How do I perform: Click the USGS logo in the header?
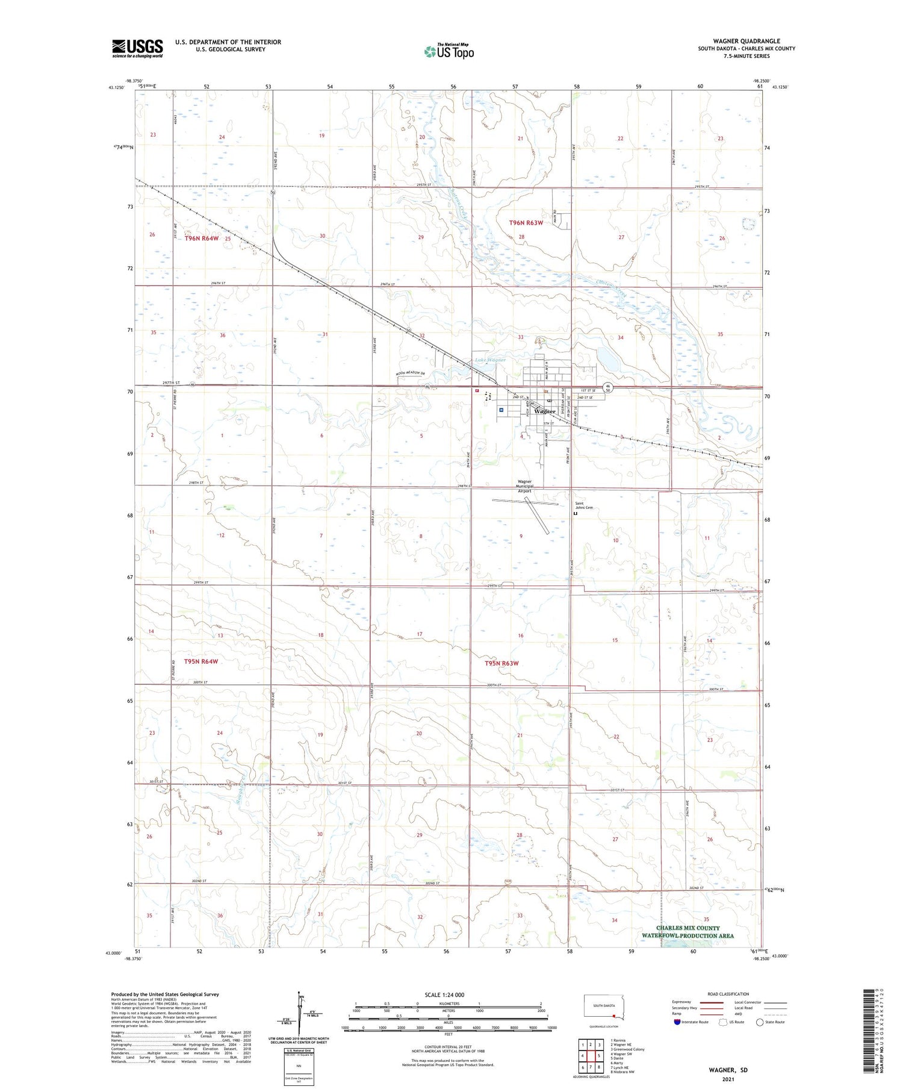click(137, 48)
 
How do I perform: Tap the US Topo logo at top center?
click(448, 52)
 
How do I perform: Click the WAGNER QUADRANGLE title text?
click(746, 42)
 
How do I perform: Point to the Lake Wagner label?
click(490, 360)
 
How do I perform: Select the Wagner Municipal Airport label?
click(525, 486)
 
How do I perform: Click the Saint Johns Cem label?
click(584, 506)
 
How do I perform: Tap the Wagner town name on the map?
click(545, 411)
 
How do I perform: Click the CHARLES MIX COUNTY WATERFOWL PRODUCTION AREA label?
click(687, 932)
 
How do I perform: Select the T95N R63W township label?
click(501, 663)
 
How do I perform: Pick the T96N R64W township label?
click(201, 239)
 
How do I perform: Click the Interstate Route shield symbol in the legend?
click(677, 1022)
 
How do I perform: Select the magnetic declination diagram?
click(300, 1015)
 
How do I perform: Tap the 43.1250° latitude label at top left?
click(116, 87)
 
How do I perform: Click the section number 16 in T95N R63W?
click(521, 635)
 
